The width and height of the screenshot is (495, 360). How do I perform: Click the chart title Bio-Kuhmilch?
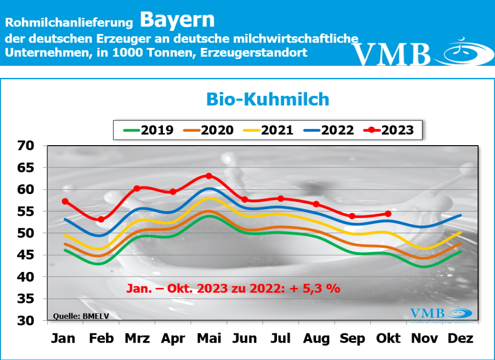(267, 99)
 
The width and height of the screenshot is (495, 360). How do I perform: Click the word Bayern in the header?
(177, 20)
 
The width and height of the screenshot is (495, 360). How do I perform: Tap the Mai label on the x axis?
(208, 338)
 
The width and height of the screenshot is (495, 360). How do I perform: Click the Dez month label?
(460, 338)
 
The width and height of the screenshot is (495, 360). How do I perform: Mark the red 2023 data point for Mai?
(209, 176)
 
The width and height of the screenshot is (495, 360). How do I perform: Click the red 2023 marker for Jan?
(65, 201)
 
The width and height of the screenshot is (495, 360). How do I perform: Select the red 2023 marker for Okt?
(388, 213)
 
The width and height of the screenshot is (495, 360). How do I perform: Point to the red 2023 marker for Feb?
(101, 219)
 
